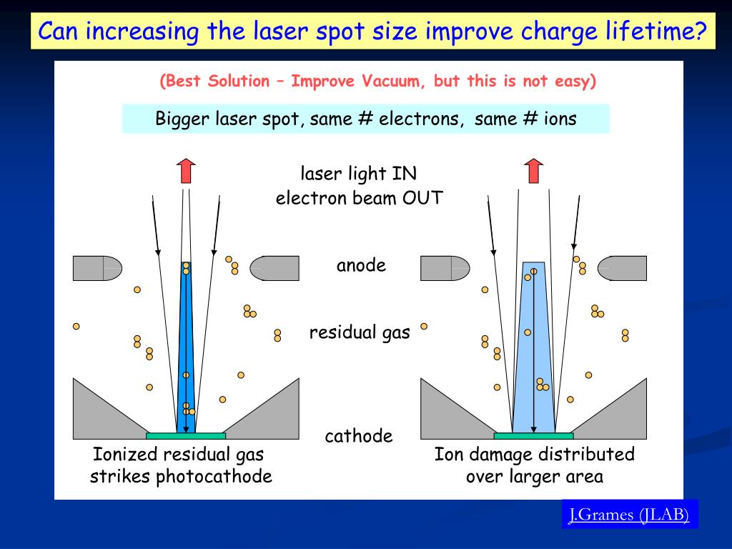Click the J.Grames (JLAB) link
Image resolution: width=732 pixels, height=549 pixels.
[628, 514]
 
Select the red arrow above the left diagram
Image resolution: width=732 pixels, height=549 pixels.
[186, 172]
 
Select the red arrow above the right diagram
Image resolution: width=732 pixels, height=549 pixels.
[533, 172]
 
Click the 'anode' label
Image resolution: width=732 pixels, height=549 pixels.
[361, 266]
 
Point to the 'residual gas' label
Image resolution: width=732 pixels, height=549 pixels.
[360, 332]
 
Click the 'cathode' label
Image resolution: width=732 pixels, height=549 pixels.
[359, 436]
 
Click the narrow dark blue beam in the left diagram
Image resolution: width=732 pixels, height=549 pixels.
[186, 343]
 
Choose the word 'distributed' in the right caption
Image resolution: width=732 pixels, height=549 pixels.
[588, 455]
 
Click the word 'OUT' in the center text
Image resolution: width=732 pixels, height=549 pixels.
[422, 197]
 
